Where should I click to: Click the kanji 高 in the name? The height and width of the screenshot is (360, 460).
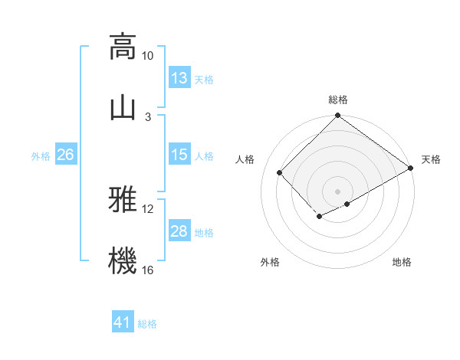pyautogui.click(x=123, y=47)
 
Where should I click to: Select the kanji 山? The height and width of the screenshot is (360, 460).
pyautogui.click(x=123, y=107)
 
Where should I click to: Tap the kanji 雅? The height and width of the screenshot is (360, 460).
pyautogui.click(x=123, y=201)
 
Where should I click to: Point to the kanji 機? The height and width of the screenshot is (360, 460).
pyautogui.click(x=123, y=260)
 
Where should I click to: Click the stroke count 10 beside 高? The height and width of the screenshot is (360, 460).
pyautogui.click(x=148, y=56)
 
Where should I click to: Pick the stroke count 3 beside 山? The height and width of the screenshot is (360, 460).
pyautogui.click(x=148, y=116)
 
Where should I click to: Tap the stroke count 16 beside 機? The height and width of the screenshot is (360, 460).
pyautogui.click(x=148, y=270)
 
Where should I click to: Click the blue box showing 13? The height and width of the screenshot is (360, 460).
pyautogui.click(x=179, y=78)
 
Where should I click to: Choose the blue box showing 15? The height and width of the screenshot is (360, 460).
pyautogui.click(x=179, y=155)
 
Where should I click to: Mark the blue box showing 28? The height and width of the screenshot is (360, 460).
pyautogui.click(x=179, y=231)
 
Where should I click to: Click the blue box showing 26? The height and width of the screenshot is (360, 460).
pyautogui.click(x=65, y=155)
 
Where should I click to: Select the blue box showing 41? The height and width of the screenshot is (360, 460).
pyautogui.click(x=123, y=322)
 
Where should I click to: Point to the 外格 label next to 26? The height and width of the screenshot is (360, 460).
pyautogui.click(x=41, y=155)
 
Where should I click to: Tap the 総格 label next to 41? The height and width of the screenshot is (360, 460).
pyautogui.click(x=147, y=324)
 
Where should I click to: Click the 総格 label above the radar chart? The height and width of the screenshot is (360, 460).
pyautogui.click(x=338, y=100)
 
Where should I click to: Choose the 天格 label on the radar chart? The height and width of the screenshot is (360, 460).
pyautogui.click(x=431, y=159)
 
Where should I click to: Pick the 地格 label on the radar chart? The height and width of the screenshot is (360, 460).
pyautogui.click(x=402, y=262)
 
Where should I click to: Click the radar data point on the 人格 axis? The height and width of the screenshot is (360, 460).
pyautogui.click(x=280, y=172)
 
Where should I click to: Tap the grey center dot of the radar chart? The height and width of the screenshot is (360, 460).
pyautogui.click(x=337, y=191)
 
